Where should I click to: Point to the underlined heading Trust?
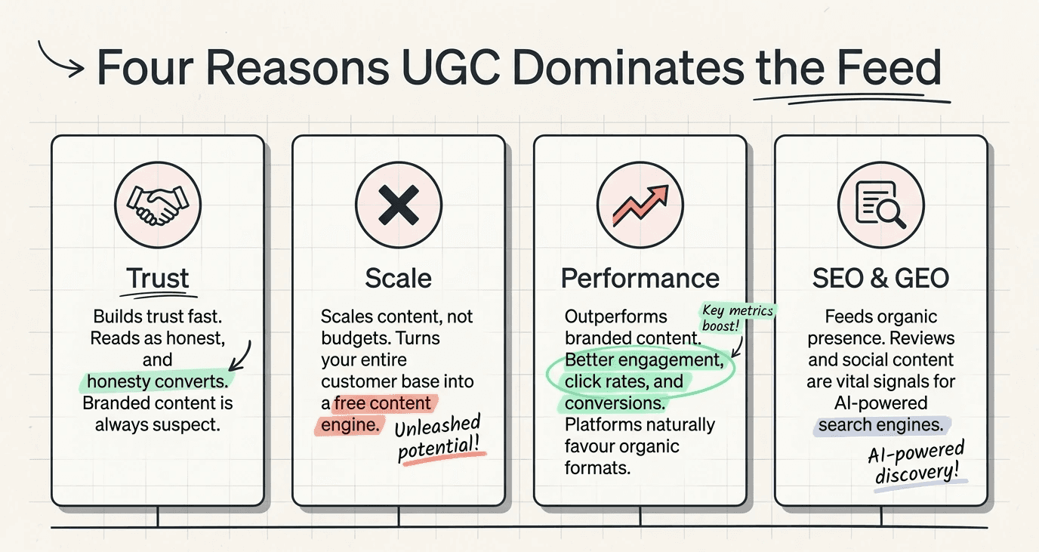point(157,278)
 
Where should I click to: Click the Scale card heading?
point(398,278)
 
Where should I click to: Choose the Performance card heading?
point(640,278)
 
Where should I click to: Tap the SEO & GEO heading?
point(881,278)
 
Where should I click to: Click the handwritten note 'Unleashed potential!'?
point(439,439)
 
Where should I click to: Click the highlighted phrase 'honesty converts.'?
point(157,381)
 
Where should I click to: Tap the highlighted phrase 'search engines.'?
point(881,425)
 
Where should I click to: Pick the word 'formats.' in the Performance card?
point(597,468)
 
